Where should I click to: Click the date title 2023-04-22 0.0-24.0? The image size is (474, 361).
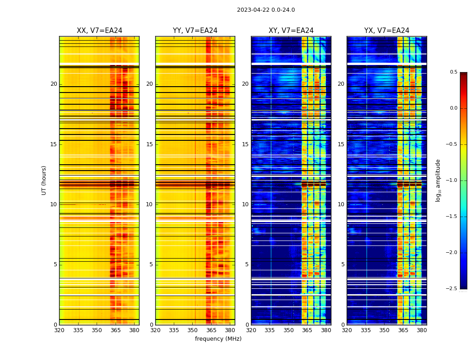point(266,10)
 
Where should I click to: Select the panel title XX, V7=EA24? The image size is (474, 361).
point(99,31)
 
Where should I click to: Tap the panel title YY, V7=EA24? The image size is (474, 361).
point(195,31)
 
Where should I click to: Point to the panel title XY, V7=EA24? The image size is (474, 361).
point(291,31)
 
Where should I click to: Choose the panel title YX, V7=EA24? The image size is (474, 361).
point(386,31)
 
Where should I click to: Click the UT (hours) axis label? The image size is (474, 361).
point(44,180)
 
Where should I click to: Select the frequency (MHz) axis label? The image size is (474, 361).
point(218,339)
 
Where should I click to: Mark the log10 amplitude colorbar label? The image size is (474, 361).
point(438,180)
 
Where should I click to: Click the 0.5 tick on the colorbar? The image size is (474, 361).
point(453,72)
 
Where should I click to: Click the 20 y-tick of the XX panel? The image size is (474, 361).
point(54,84)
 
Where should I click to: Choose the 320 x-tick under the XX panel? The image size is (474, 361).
point(59,330)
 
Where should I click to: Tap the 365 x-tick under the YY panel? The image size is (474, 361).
point(211,330)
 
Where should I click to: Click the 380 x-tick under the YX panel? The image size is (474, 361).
point(422,330)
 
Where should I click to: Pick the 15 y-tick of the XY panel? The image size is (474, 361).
point(245,144)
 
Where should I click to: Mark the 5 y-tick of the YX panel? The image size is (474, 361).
point(343,264)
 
